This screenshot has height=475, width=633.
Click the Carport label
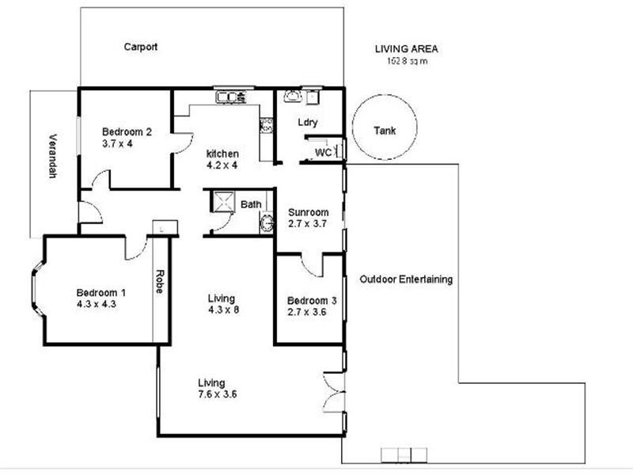click(x=141, y=47)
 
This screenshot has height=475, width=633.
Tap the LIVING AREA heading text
click(x=406, y=49)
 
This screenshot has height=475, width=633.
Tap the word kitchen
click(x=222, y=153)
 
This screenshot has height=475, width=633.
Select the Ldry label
click(x=308, y=123)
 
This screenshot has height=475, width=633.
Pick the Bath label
click(x=251, y=204)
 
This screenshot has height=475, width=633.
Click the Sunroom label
click(x=309, y=212)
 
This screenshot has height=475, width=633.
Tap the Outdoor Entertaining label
click(x=406, y=279)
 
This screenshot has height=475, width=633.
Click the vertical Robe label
click(x=159, y=282)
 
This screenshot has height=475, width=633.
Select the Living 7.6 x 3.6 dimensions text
click(x=218, y=393)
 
